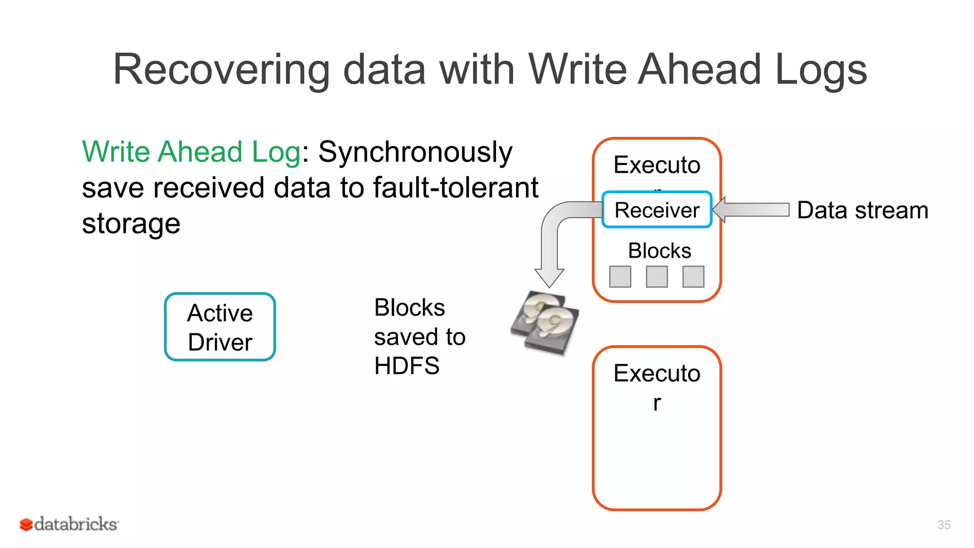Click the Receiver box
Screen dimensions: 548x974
(x=657, y=210)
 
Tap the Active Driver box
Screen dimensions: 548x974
(x=220, y=327)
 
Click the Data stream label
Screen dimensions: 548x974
(x=862, y=210)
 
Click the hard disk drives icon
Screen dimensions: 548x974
(x=545, y=323)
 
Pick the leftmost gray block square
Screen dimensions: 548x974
(x=620, y=276)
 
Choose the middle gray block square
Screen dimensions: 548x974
(x=657, y=276)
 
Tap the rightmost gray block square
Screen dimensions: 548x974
(x=693, y=276)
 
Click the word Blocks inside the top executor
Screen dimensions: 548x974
(x=659, y=251)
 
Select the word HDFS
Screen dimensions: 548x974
(x=407, y=366)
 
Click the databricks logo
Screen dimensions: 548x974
(x=69, y=524)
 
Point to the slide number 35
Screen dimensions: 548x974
(x=944, y=525)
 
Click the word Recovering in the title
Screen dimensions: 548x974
(x=221, y=70)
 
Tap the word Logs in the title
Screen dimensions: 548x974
(x=821, y=70)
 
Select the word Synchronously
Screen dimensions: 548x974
(x=415, y=152)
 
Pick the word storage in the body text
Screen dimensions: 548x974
(x=131, y=223)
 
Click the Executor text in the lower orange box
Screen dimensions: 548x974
(x=657, y=373)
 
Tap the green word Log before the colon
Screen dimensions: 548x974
(x=276, y=152)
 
